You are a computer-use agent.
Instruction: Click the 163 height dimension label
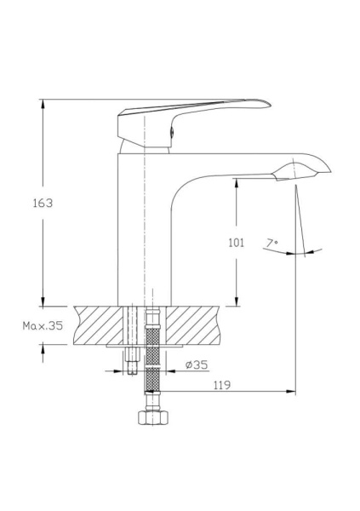[43, 203]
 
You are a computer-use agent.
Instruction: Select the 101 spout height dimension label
[237, 243]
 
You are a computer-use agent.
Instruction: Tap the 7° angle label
[272, 243]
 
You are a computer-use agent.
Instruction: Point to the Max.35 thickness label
[43, 325]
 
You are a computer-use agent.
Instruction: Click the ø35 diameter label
[197, 365]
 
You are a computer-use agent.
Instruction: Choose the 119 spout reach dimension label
[222, 385]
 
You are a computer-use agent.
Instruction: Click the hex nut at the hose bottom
[153, 417]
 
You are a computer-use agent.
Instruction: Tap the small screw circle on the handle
[172, 131]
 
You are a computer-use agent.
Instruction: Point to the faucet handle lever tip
[269, 104]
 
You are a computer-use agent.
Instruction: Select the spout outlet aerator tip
[329, 171]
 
